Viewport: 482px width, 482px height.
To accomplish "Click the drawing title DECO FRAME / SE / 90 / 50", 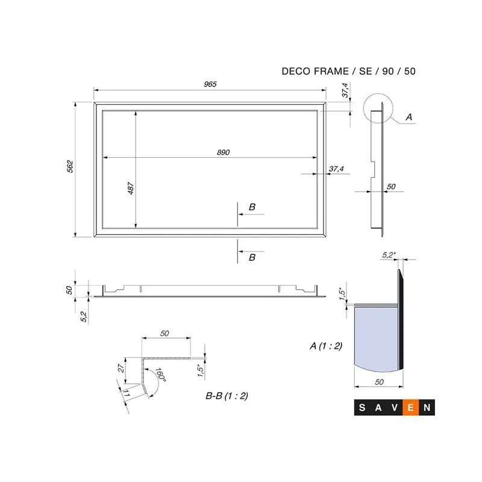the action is click(x=349, y=71).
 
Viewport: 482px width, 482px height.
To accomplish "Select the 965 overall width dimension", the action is click(x=210, y=84).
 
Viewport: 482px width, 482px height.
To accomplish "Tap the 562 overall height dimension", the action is click(x=70, y=166).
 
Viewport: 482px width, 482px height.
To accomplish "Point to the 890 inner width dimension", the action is click(x=223, y=152).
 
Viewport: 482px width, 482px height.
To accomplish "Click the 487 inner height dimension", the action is click(x=131, y=188).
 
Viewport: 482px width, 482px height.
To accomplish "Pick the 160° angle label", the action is click(x=160, y=375).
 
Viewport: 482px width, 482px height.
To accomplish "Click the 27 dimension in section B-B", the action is click(x=121, y=368).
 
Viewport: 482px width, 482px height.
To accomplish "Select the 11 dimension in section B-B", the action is click(x=126, y=393).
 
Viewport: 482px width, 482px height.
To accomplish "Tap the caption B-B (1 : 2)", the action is click(x=227, y=396).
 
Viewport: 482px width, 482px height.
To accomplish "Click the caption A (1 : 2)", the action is click(x=326, y=346).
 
